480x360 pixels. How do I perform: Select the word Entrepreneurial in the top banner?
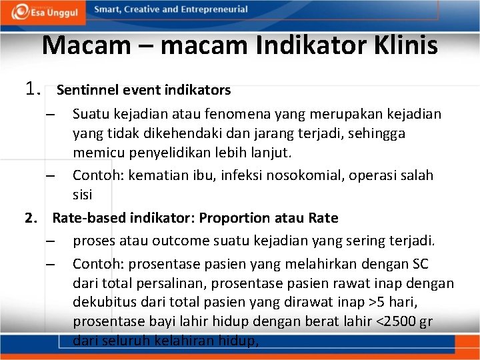click(214, 9)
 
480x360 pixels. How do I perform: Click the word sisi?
click(83, 195)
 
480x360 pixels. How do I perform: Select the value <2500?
click(397, 321)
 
